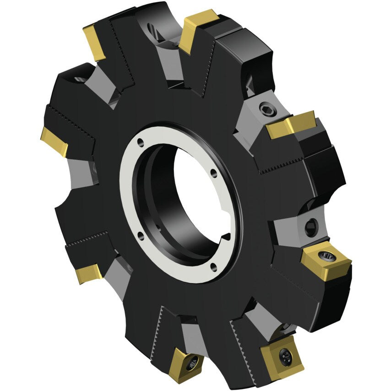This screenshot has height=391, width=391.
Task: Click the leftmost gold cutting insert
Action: (x=54, y=141)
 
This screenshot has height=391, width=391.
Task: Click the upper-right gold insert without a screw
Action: (x=290, y=125)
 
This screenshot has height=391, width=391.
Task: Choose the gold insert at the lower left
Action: (x=89, y=273)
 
